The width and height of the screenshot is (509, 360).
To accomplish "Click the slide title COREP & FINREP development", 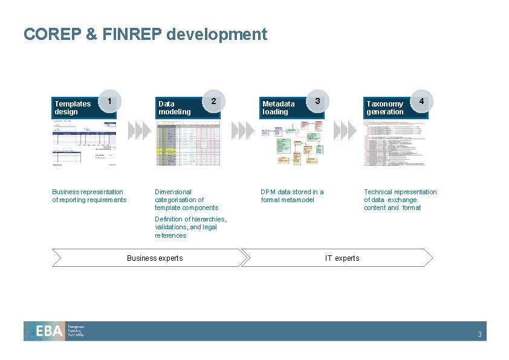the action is pos(145,34).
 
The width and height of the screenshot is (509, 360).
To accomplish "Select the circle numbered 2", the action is pos(213,100).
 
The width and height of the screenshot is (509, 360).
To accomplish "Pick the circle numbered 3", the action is pos(317,100).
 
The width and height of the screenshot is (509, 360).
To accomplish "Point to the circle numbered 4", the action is pos(420,100).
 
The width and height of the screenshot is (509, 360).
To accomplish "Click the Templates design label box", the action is pos(73,108).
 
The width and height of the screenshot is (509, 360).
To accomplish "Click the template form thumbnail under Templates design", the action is pos(84,143).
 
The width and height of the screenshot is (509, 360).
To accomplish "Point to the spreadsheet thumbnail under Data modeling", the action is pos(188,143).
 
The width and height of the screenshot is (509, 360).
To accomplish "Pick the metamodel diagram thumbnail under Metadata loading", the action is pos(292,143).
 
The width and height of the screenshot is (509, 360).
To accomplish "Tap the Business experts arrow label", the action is pos(155,258).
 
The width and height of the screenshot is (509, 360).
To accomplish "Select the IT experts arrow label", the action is pos(342,258).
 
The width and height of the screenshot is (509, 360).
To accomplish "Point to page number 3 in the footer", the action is pos(479,335).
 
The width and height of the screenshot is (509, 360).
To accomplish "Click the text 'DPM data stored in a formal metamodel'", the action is pos(292,196).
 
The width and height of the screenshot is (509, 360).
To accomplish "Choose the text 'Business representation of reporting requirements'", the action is pos(89,196).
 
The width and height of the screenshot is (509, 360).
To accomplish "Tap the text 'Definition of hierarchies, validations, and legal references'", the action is pos(190,227).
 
